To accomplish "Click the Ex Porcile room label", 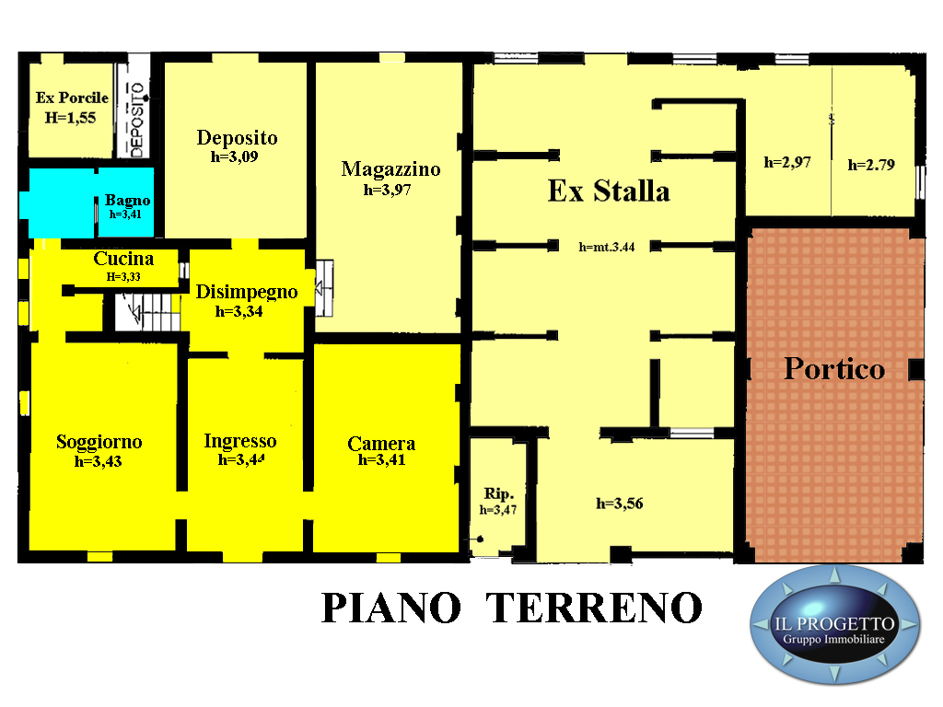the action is (72, 98).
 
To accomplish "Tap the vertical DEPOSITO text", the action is (138, 120).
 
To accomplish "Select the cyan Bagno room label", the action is (127, 200).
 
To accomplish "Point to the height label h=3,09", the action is (235, 156).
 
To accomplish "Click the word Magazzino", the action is (390, 169).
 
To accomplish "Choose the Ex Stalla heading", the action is (609, 191).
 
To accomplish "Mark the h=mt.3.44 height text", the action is (607, 247).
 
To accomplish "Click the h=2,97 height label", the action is (787, 162).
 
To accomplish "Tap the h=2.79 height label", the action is (871, 165).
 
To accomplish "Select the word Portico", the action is (834, 368).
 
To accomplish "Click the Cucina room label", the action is (123, 259).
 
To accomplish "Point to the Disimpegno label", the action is (247, 292).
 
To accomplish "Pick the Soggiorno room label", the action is (99, 442).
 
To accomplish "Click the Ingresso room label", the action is (240, 441).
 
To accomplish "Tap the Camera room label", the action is (381, 444).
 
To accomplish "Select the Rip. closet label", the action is (498, 494).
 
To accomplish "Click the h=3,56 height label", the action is (620, 504).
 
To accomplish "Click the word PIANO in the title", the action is (391, 608).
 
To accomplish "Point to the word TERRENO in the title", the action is (594, 608).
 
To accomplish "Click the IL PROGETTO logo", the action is (834, 625).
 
